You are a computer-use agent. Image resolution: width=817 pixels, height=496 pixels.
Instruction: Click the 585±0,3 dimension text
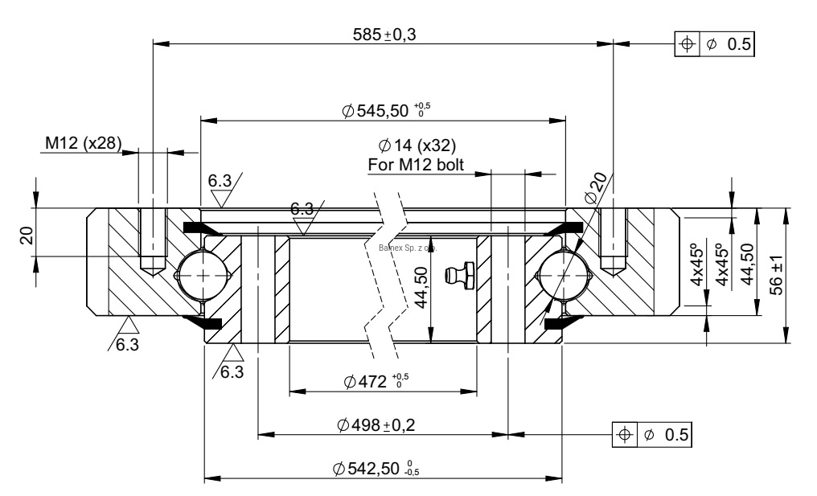point(388,35)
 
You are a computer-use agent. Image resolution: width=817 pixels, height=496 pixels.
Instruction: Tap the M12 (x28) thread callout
point(83,143)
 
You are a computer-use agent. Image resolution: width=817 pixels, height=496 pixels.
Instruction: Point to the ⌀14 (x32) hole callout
point(417,146)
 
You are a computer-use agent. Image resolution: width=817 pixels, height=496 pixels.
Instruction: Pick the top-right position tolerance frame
point(715,43)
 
